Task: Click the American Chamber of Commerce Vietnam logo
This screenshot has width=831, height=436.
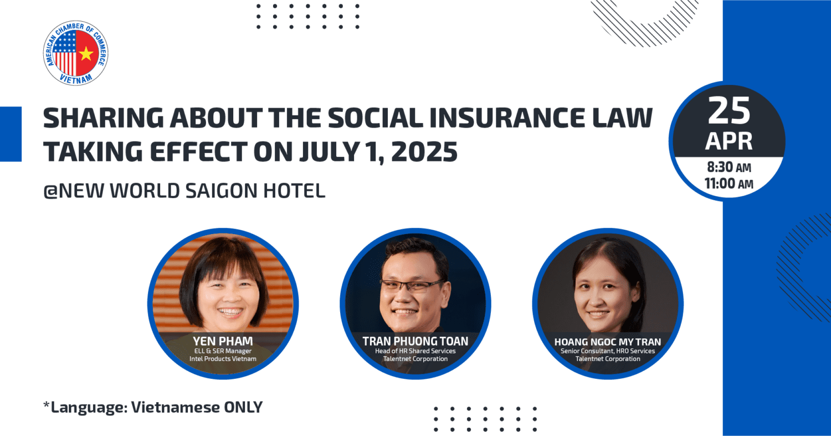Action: click(76, 53)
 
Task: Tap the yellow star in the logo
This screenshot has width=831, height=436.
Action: click(86, 54)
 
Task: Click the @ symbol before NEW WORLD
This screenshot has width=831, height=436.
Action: click(51, 191)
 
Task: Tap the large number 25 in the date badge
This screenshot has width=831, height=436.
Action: click(729, 111)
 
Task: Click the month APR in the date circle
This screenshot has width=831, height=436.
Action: click(729, 141)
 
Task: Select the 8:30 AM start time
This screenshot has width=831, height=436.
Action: click(729, 168)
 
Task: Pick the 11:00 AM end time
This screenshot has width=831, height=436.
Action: click(729, 184)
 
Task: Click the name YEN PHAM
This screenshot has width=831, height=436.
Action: click(223, 341)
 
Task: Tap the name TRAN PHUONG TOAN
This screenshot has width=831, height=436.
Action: click(415, 341)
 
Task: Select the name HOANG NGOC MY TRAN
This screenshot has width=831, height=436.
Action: click(608, 342)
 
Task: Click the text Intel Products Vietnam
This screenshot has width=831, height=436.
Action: click(223, 359)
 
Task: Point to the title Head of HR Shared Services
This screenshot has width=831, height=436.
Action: click(415, 351)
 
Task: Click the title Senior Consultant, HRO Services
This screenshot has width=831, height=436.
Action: click(608, 351)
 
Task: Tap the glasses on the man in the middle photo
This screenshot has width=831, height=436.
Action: click(412, 285)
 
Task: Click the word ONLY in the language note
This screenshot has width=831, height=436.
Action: click(243, 407)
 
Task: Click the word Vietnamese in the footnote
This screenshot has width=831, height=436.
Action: click(176, 407)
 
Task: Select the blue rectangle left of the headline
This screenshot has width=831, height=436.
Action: click(11, 134)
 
